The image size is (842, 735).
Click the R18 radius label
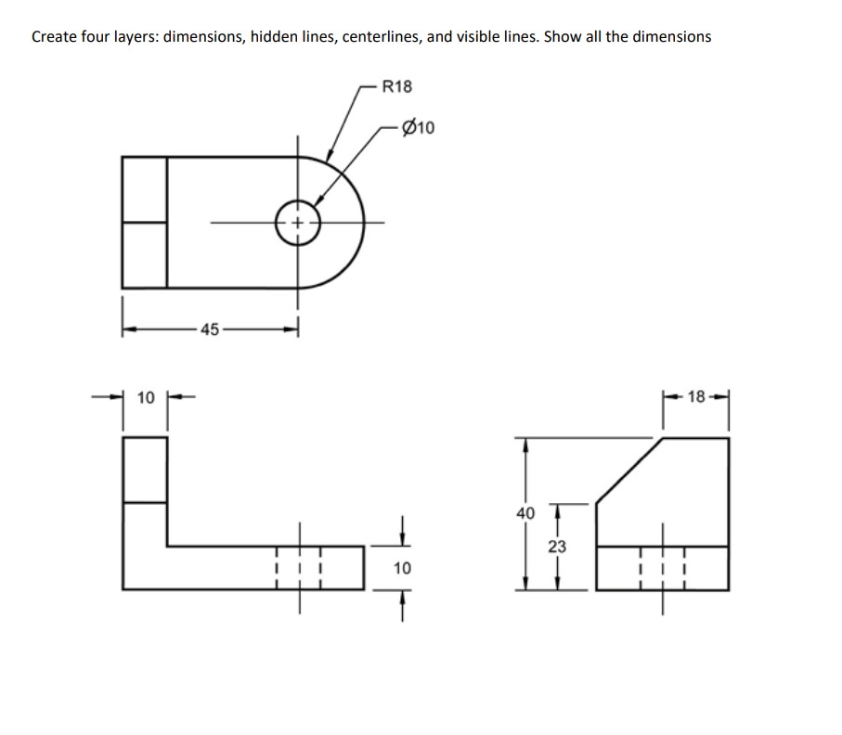pyautogui.click(x=397, y=87)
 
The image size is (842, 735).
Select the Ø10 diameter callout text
pyautogui.click(x=420, y=127)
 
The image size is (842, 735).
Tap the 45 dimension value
pyautogui.click(x=209, y=329)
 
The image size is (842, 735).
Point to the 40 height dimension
pyautogui.click(x=525, y=512)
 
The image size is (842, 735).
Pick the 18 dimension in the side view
pyautogui.click(x=696, y=398)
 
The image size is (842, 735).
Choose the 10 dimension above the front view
pyautogui.click(x=145, y=398)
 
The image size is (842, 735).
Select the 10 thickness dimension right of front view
pyautogui.click(x=402, y=567)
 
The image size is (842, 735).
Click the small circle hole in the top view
pyautogui.click(x=297, y=223)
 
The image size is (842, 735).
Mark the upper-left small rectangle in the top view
pyautogui.click(x=145, y=189)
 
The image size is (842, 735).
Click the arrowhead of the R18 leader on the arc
pyautogui.click(x=329, y=159)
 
